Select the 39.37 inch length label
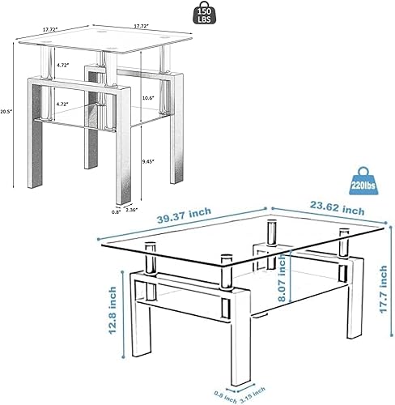click(x=185, y=214)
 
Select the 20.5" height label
click(x=6, y=110)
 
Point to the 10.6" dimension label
click(x=146, y=98)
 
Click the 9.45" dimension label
click(x=146, y=161)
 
